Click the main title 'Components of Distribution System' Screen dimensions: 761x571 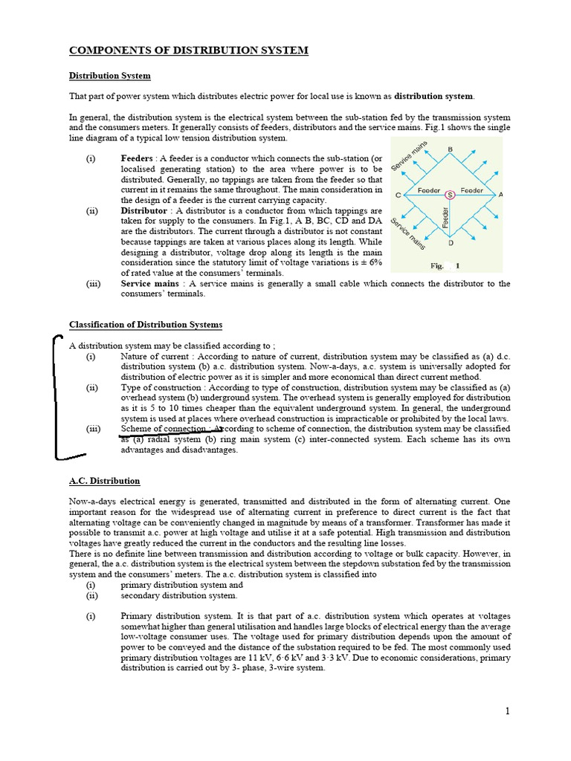(188, 51)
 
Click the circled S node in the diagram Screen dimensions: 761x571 (449, 195)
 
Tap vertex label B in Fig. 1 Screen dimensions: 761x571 (450, 150)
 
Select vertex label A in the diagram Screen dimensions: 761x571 (500, 195)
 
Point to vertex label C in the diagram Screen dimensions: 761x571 (399, 195)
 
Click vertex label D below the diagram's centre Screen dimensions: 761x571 (450, 243)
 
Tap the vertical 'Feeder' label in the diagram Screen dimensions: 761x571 (445, 218)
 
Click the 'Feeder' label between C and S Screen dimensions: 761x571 (429, 190)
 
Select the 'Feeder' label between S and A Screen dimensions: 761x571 (472, 190)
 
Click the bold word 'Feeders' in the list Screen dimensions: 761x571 (137, 159)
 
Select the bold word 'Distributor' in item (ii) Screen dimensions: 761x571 (143, 211)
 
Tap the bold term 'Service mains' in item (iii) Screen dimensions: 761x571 (149, 284)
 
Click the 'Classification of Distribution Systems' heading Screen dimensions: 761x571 (146, 325)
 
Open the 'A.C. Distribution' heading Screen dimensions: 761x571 (104, 481)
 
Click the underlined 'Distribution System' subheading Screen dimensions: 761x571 (110, 76)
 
